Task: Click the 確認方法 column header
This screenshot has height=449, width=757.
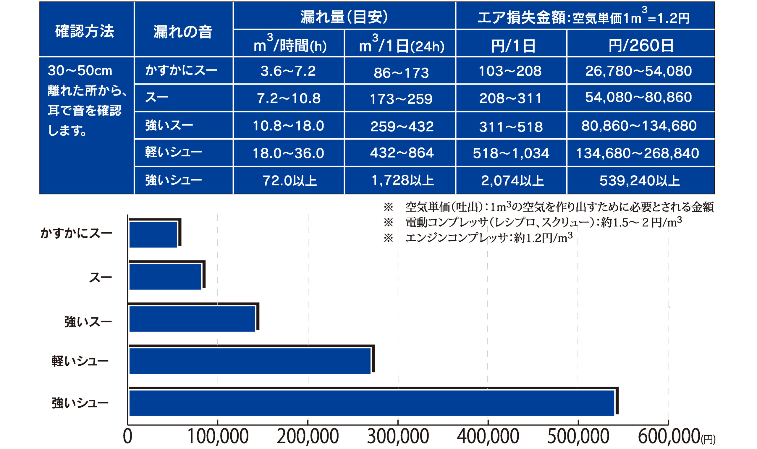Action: click(85, 31)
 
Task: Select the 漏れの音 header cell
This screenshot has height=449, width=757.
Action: click(183, 31)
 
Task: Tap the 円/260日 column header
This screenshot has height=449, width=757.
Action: click(640, 46)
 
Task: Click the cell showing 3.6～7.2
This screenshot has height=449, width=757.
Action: click(288, 71)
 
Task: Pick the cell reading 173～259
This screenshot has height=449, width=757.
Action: click(401, 99)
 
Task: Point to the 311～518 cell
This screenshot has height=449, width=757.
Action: click(511, 127)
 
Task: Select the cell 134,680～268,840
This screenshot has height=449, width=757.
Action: click(637, 153)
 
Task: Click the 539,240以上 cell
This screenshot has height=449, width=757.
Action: click(639, 181)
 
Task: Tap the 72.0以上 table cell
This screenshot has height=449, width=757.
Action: click(289, 181)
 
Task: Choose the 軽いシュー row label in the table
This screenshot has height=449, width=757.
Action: click(174, 152)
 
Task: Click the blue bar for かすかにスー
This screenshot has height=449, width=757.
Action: click(153, 234)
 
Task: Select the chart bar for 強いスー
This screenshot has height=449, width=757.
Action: click(192, 319)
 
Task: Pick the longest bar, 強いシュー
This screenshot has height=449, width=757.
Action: click(371, 403)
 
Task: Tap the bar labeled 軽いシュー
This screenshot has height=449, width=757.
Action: click(250, 361)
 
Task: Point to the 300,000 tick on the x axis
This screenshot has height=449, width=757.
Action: click(398, 436)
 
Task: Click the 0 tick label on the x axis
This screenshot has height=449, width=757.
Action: click(128, 436)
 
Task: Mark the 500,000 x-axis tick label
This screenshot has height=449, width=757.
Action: click(578, 436)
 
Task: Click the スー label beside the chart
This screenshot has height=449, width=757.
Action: click(100, 277)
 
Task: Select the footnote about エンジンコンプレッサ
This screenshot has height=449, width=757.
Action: click(489, 238)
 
